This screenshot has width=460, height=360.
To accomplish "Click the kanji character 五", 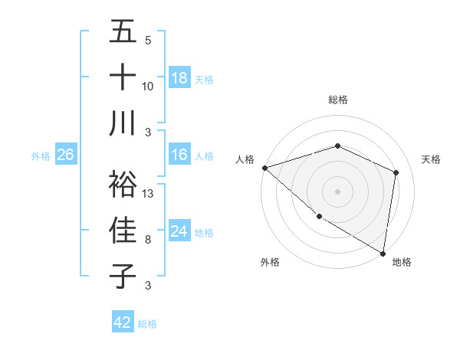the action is click(123, 32).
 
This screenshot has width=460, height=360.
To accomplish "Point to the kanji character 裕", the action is click(123, 184).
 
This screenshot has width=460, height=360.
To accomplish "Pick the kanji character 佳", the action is click(123, 230).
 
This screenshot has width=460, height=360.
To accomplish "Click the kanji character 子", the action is click(123, 276).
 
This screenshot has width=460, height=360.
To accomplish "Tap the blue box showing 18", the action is click(179, 77).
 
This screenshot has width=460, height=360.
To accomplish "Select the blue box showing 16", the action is click(179, 155).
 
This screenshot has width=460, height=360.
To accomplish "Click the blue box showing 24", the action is click(179, 231).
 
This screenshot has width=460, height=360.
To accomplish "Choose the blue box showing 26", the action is click(65, 155).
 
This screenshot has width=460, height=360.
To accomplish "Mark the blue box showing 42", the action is click(123, 322).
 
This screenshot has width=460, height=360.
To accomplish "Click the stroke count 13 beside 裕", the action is click(149, 193).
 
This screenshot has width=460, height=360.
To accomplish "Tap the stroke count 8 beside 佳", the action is click(148, 239).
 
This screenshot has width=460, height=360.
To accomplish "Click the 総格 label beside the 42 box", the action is click(147, 324).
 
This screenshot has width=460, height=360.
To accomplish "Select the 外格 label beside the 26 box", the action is click(41, 156).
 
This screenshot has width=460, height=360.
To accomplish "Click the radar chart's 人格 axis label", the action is click(245, 159).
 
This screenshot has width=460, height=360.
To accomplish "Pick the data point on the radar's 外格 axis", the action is click(319, 217).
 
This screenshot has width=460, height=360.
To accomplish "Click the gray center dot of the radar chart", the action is click(337, 191).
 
